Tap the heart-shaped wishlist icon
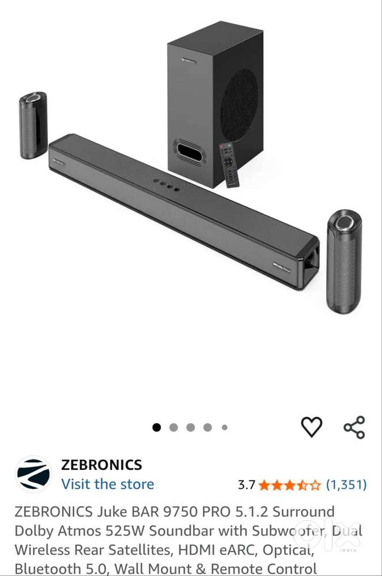point(312,427)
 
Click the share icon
point(354,427)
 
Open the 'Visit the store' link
point(108,484)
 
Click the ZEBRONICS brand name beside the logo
point(101,465)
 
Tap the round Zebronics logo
point(33,474)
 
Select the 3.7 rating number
point(247,484)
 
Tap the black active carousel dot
point(156,427)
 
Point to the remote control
point(229,164)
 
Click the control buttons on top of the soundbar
point(166,184)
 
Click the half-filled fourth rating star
point(303,484)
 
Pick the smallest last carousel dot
point(224,427)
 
